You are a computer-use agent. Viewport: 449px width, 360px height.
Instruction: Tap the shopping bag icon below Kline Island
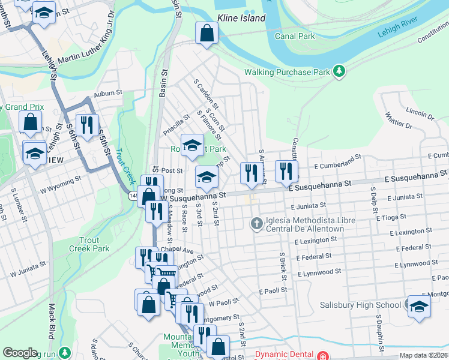click(206, 34)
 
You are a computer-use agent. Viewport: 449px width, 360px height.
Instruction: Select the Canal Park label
click(295, 37)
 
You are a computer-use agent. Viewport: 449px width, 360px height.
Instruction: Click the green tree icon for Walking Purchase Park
click(340, 71)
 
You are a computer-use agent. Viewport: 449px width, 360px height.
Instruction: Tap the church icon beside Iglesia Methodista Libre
click(257, 224)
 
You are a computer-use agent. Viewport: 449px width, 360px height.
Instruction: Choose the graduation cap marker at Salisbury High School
click(418, 306)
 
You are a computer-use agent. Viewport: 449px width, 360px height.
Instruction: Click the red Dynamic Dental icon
click(323, 354)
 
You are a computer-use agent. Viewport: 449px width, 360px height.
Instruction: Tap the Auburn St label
click(108, 94)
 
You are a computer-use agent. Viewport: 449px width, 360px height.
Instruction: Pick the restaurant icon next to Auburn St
click(88, 125)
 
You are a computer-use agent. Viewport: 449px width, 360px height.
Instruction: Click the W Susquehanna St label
click(192, 196)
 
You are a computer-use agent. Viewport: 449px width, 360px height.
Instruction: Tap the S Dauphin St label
click(379, 329)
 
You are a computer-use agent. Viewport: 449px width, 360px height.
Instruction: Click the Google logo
click(20, 353)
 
